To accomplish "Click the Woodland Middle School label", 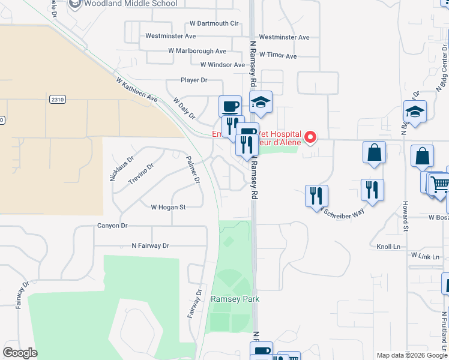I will [130, 4].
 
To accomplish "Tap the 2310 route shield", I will [57, 100].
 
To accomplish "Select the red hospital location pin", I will [310, 137].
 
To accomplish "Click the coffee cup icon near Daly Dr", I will [230, 107].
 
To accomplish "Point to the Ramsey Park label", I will [231, 299].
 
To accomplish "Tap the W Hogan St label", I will [168, 207].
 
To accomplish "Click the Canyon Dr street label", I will [113, 226].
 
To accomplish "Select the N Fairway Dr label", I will [151, 246].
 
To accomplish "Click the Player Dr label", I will [194, 80].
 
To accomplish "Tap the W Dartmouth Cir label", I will [214, 23].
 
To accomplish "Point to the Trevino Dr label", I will [141, 173].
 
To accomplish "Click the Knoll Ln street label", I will [388, 247].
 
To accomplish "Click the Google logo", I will [20, 353].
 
